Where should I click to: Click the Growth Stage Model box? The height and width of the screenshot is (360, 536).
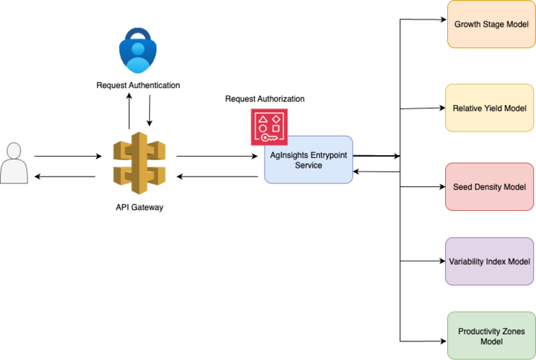491,25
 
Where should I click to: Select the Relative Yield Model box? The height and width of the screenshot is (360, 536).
489,108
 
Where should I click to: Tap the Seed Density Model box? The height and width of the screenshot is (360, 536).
489,186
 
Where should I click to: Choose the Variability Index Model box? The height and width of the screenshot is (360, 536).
489,262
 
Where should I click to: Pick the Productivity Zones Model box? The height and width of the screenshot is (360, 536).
491,336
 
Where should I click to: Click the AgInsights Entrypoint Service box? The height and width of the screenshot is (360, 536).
308,160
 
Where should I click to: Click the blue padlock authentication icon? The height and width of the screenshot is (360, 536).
139,51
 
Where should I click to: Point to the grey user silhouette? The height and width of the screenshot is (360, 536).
13,164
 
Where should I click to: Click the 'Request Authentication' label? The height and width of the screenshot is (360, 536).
138,85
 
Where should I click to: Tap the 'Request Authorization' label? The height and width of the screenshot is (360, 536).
265,99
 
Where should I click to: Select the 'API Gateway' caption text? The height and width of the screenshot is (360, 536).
138,207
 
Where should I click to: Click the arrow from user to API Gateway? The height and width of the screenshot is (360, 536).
67,157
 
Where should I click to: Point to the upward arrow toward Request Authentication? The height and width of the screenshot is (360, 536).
128,112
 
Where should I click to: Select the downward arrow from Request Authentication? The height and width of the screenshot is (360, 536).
149,112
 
